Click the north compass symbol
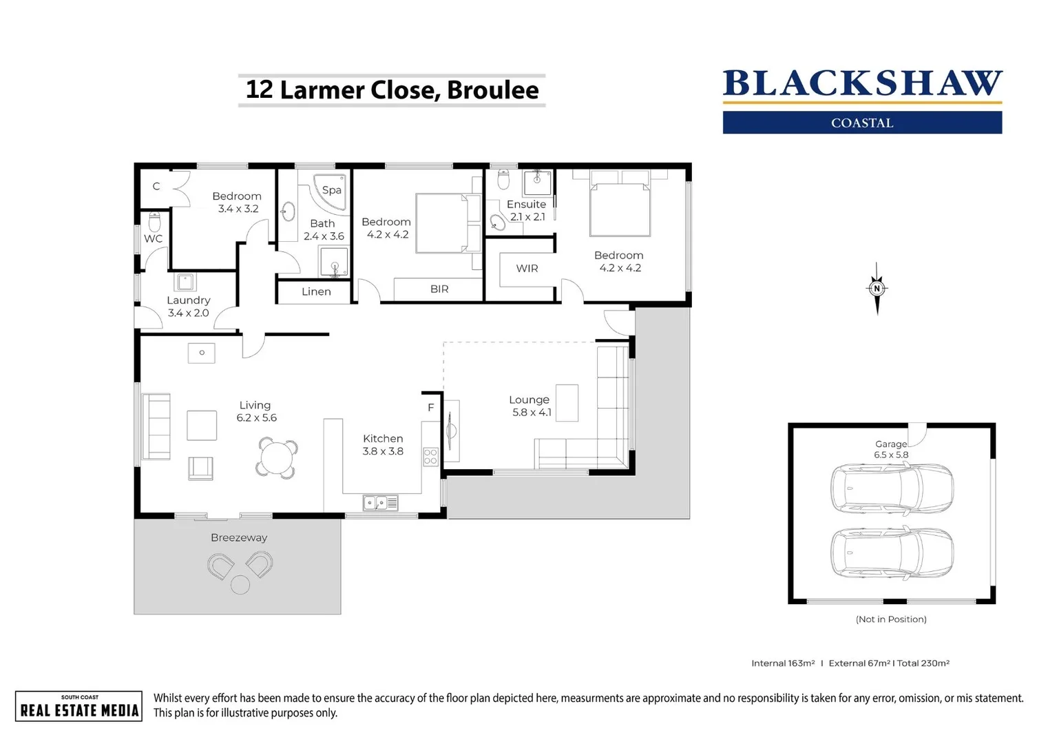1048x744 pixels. click(x=877, y=289)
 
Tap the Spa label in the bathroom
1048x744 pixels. click(x=331, y=190)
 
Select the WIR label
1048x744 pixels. click(x=527, y=269)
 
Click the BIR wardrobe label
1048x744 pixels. click(x=439, y=289)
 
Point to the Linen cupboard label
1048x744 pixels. click(x=316, y=292)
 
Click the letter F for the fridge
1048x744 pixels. click(x=431, y=408)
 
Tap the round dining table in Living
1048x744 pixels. click(x=277, y=458)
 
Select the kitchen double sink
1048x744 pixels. click(x=380, y=504)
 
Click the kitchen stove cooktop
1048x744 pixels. click(x=431, y=456)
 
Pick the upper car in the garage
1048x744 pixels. click(x=892, y=488)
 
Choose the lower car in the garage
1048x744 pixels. click(x=892, y=553)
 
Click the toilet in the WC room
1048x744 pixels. click(x=155, y=223)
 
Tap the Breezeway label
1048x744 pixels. click(x=239, y=538)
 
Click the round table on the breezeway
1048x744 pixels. click(x=240, y=585)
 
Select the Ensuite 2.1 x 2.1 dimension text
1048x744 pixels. click(x=527, y=217)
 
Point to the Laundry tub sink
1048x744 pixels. click(x=185, y=282)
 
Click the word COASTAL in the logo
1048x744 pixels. click(x=862, y=123)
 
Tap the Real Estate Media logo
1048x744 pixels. click(x=79, y=706)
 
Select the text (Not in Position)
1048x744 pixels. click(x=891, y=619)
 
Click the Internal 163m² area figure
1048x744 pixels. click(x=783, y=663)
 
